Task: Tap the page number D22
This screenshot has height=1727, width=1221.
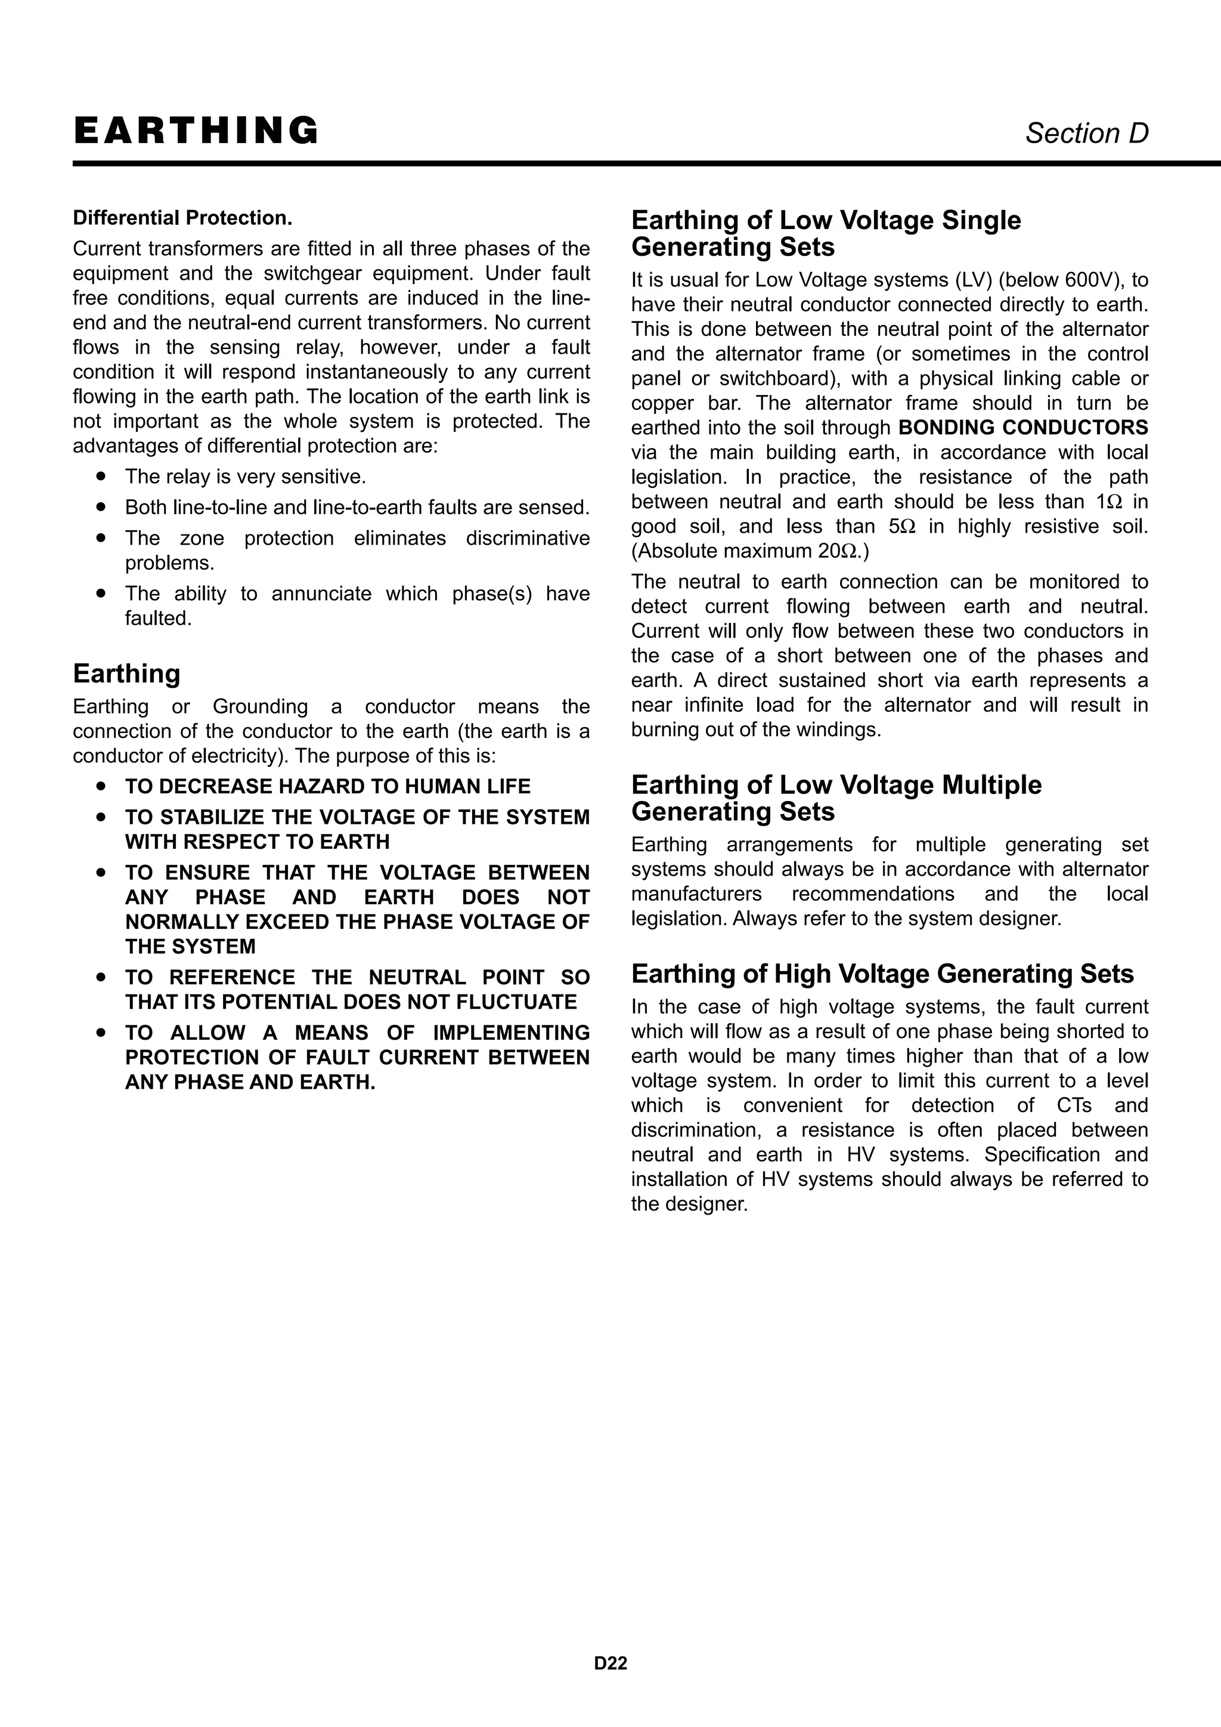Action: (610, 1663)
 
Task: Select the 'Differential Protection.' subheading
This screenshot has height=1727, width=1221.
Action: (182, 218)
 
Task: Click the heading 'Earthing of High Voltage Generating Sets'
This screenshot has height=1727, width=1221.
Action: (882, 974)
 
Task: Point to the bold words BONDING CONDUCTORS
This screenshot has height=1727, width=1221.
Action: (1022, 428)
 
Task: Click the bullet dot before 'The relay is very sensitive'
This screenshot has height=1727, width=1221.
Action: (101, 476)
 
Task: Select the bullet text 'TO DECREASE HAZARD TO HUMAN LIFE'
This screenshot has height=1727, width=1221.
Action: (327, 787)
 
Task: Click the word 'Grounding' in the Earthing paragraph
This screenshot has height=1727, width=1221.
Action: (260, 707)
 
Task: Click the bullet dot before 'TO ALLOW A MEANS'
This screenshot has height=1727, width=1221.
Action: (101, 1033)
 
